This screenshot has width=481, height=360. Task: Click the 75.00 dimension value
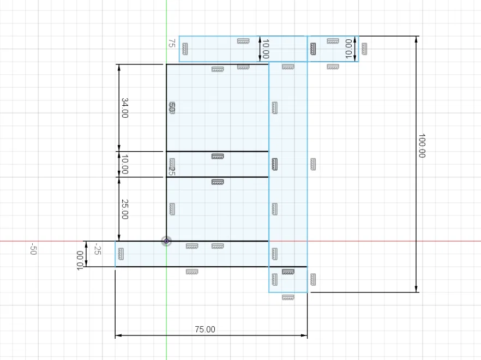pos(205,329)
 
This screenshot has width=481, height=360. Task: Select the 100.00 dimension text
pos(422,146)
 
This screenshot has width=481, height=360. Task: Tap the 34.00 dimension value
pos(124,107)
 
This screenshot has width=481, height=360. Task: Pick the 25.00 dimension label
pos(124,209)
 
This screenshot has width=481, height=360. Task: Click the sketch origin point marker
pos(166,241)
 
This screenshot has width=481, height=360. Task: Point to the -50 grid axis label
pos(33,249)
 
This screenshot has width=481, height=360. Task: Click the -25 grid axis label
pos(97,249)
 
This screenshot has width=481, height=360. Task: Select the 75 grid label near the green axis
pos(171,43)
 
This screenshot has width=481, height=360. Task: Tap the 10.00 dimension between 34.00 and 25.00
pos(124,164)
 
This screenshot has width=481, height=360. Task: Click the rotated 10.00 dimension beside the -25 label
pos(80,260)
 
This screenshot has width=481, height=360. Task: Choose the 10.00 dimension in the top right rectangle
pos(349,49)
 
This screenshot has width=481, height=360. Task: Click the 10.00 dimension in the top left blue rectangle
pos(266,49)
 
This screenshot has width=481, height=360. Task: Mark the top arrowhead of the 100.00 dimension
pos(416,39)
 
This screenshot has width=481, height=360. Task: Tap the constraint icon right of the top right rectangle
pos(364,49)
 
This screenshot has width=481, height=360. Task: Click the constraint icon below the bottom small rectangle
pos(288,297)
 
